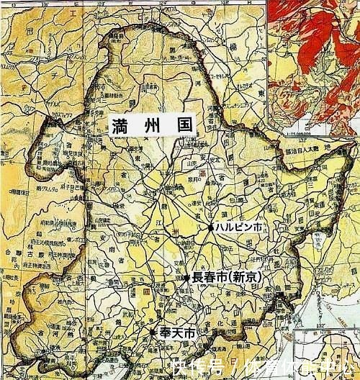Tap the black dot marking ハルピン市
pyautogui.click(x=211, y=227)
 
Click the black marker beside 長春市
pyautogui.click(x=187, y=277)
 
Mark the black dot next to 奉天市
pyautogui.click(x=153, y=332)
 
